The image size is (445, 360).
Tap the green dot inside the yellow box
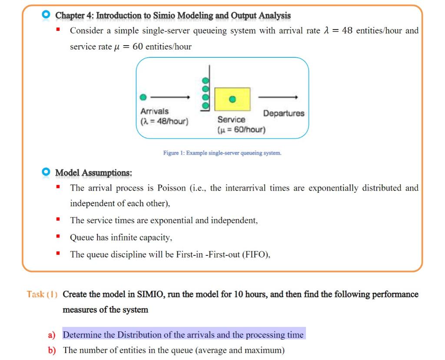[x=232, y=99]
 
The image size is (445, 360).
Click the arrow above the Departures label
[x=278, y=97]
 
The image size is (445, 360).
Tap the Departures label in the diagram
[x=284, y=113]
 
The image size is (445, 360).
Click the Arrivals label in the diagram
[x=154, y=112]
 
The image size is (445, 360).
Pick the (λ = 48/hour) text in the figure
[x=164, y=121]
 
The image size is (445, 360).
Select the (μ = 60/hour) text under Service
[x=241, y=129]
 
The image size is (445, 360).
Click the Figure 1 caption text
[x=222, y=153]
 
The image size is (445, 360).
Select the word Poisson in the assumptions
[x=171, y=188]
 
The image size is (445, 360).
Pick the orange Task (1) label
[x=42, y=294]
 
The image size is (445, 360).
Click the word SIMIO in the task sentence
[x=151, y=294]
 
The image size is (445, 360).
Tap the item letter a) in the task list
[x=52, y=335]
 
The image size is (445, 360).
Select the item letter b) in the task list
[x=52, y=350]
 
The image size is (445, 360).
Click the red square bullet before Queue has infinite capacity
[x=58, y=238]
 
